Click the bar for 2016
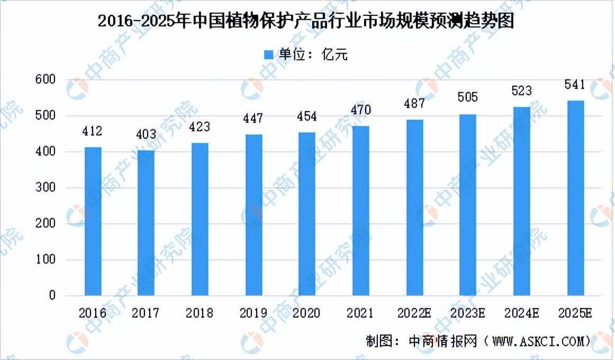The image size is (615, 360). (x=93, y=221)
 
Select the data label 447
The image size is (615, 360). (x=254, y=118)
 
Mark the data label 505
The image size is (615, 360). (x=468, y=97)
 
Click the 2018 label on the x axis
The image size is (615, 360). (x=200, y=313)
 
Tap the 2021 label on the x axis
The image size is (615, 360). (x=360, y=313)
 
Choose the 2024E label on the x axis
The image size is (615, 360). (x=521, y=313)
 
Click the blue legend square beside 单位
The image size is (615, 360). (x=268, y=55)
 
